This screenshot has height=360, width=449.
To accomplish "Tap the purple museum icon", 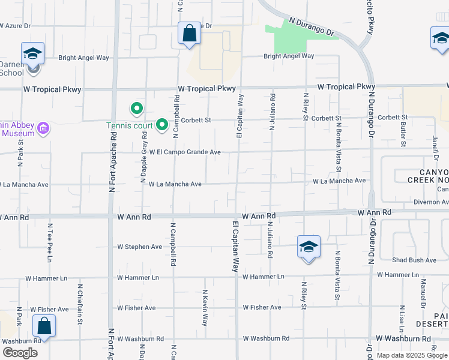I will coord(43,128).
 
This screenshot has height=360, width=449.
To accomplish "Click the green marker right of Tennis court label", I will coord(161,125).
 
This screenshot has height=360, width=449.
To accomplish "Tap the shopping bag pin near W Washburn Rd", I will coord(44,326).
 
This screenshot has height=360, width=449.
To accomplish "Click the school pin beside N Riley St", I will coord(309,247).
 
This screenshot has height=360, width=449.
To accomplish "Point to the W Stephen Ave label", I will coord(139,247).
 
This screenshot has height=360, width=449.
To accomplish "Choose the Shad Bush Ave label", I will coord(414,260).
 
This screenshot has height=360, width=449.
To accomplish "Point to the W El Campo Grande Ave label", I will coord(185,152).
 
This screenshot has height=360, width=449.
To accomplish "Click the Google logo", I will coord(20,352).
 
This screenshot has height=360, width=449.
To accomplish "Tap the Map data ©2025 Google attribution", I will coord(411,355).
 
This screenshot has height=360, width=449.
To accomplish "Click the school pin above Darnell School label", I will coord(32,53).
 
